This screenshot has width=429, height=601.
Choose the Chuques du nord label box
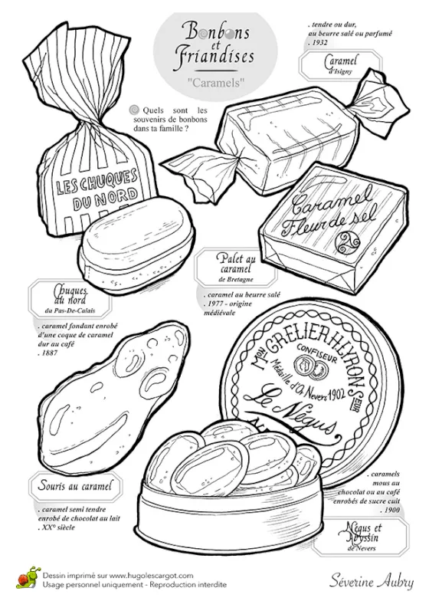click(64, 297)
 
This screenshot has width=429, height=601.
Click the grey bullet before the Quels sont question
click(134, 109)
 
